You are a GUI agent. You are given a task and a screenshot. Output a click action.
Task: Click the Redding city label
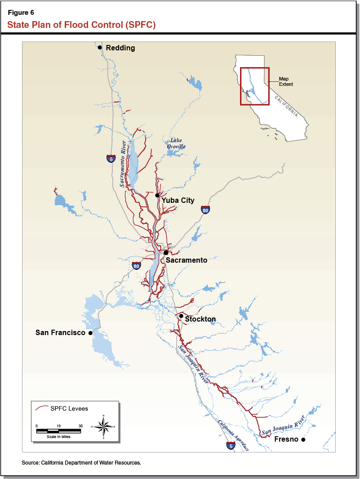click(120, 48)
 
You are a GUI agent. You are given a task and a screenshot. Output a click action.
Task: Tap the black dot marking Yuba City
click(157, 195)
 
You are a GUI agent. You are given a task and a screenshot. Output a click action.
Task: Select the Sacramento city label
click(187, 260)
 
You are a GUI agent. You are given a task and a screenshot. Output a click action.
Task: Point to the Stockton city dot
click(181, 316)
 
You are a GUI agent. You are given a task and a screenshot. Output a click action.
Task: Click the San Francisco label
click(60, 333)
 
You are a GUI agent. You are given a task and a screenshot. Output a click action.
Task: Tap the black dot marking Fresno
click(303, 439)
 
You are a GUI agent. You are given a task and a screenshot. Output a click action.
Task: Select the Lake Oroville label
click(176, 143)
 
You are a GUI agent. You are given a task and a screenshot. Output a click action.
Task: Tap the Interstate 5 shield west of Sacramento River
click(111, 158)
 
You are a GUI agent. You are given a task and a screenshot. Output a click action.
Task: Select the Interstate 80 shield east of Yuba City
click(205, 210)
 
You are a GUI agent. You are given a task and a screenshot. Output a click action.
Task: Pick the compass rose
click(103, 425)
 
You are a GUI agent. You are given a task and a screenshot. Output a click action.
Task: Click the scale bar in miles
click(59, 431)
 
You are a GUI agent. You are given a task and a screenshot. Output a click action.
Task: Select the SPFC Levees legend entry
click(62, 408)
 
